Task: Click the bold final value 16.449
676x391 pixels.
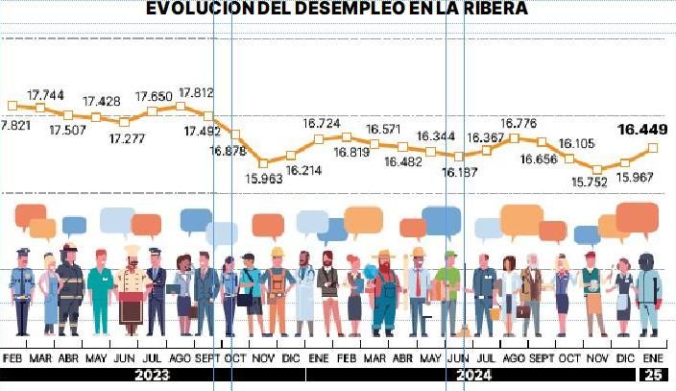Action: click(x=642, y=130)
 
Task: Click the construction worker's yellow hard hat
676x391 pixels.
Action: click(x=278, y=253)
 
